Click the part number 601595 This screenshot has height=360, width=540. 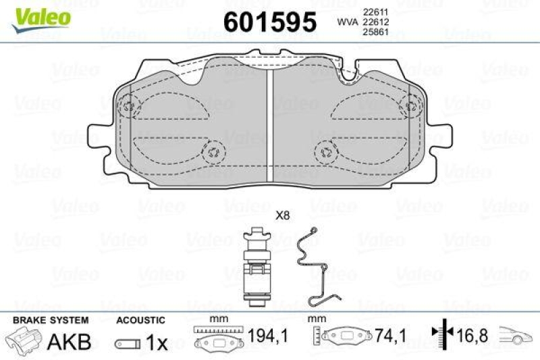point(269,23)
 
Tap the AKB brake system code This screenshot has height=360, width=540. point(69,341)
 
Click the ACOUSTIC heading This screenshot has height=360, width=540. point(140,319)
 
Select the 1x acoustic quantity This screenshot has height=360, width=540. point(157,342)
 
